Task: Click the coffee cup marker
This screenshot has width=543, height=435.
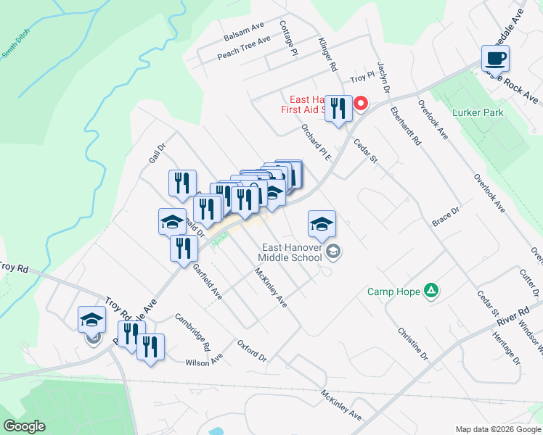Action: (495, 58)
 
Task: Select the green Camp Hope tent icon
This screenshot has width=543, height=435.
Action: (431, 291)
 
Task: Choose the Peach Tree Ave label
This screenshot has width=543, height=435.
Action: (243, 47)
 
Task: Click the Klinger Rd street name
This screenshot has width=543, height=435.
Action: (327, 54)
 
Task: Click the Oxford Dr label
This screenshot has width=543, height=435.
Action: (253, 349)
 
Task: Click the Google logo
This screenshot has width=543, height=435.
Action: (25, 426)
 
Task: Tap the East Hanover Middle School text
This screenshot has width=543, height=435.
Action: (291, 252)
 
